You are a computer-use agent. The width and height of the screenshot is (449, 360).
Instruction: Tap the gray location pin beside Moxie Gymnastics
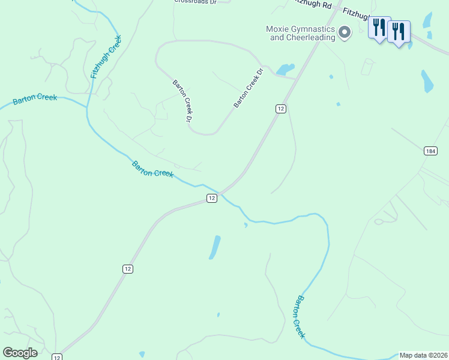tap(345, 32)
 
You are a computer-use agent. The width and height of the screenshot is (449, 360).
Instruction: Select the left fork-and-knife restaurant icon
tap(379, 28)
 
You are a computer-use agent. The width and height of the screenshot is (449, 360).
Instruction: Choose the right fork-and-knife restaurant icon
tap(399, 32)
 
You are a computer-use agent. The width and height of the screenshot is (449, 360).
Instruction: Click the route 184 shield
tap(430, 151)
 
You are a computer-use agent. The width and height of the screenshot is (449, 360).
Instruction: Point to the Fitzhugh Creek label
tap(106, 58)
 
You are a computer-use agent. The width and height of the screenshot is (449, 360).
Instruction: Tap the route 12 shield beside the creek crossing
tap(211, 198)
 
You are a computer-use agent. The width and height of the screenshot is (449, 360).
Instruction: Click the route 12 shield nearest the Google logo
tap(57, 357)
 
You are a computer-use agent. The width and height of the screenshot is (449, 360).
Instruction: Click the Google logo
tap(20, 353)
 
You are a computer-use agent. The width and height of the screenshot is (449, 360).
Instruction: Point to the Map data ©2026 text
tap(423, 355)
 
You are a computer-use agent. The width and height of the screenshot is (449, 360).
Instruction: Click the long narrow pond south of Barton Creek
tap(214, 247)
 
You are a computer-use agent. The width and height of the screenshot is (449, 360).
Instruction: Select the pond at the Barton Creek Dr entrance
tap(285, 69)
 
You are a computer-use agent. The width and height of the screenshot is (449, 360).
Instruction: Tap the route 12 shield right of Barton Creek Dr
tap(280, 108)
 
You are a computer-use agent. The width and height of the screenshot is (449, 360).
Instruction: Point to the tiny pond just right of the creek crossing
tap(246, 225)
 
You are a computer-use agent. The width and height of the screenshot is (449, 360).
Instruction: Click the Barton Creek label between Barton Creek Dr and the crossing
tap(152, 169)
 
